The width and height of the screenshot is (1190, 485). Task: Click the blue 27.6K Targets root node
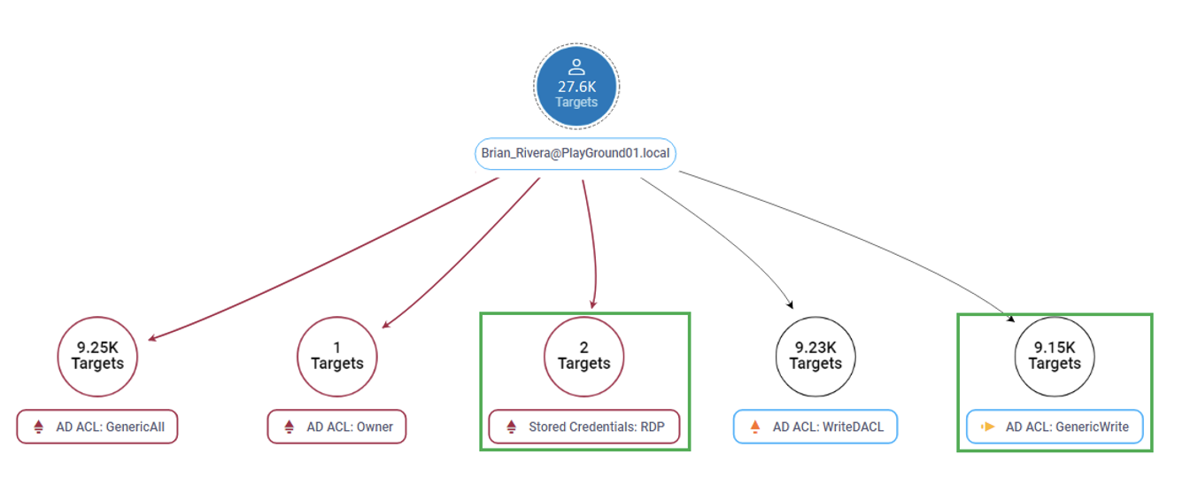(576, 87)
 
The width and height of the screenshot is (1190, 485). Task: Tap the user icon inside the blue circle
(576, 66)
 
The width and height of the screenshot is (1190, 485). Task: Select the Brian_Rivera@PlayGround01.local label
(576, 153)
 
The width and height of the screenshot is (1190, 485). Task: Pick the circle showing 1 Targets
(336, 357)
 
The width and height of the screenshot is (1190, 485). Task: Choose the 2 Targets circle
(583, 357)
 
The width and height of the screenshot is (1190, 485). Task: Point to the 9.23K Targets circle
(815, 357)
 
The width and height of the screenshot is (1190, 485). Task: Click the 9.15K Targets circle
(1054, 357)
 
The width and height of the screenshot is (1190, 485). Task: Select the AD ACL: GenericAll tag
(97, 427)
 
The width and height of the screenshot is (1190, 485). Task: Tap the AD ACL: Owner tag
(336, 427)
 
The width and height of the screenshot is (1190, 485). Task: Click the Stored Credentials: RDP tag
(583, 427)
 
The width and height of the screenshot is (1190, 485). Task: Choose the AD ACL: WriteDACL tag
(815, 427)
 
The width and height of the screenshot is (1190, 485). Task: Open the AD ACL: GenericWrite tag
(1054, 427)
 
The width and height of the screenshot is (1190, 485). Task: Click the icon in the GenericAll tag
(38, 427)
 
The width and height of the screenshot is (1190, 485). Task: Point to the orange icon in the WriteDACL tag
(755, 427)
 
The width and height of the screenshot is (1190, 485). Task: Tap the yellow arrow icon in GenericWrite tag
(988, 427)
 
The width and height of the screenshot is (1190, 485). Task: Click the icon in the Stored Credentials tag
(511, 427)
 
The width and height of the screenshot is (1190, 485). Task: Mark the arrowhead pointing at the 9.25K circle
(152, 338)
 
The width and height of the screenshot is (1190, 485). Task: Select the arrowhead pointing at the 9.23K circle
(789, 305)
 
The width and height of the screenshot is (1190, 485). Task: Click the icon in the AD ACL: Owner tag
(290, 427)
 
